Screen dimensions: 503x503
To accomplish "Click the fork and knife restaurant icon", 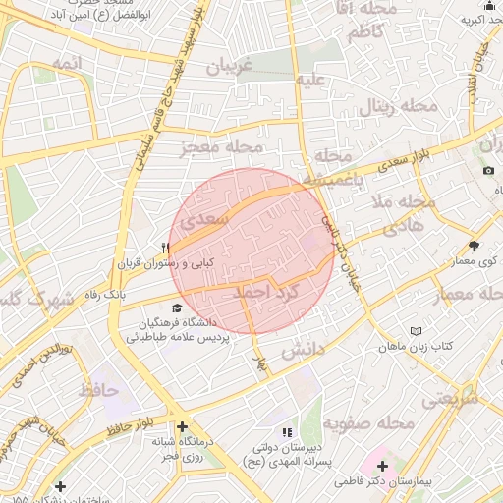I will coord(165,248).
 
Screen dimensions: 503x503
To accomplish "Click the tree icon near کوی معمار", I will coord(475,246).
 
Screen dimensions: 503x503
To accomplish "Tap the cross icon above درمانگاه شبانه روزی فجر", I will coord(181,425).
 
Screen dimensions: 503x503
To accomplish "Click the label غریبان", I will coord(229,67).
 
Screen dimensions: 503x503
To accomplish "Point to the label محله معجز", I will coord(223,147).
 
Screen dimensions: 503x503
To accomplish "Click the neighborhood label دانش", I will coord(304,350).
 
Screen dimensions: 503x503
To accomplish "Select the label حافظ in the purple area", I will coord(97,390).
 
